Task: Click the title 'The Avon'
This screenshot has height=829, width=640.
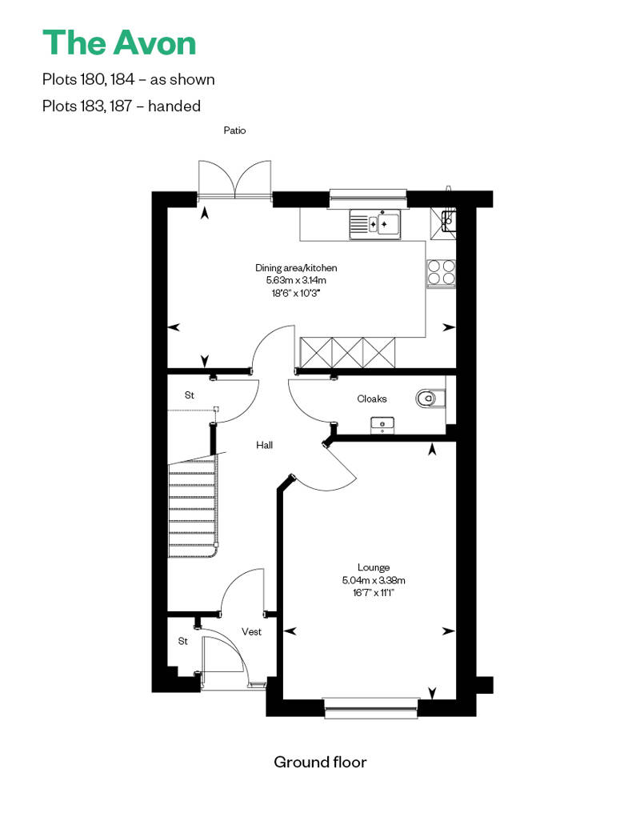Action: (119, 43)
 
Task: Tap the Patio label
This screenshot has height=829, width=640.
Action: (234, 130)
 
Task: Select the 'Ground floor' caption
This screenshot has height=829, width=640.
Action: (320, 762)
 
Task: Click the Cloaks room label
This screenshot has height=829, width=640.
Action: (371, 398)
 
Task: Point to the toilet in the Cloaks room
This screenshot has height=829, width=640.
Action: (430, 398)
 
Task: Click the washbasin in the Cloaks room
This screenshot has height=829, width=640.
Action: (382, 424)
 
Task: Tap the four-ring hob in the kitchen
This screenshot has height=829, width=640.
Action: (442, 273)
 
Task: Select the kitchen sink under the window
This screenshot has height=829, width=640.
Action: (375, 224)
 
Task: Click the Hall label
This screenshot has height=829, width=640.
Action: (264, 445)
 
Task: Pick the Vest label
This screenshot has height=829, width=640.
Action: (251, 631)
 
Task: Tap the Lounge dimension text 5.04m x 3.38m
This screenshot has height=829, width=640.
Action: (374, 580)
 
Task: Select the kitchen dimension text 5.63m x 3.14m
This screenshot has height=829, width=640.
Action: (296, 280)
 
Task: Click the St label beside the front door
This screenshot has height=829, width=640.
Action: (183, 641)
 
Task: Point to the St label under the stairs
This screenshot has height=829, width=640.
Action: (189, 395)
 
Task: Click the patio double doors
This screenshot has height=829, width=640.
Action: (235, 180)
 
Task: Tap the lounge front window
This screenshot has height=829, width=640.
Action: (371, 707)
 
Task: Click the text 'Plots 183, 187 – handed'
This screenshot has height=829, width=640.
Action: (122, 106)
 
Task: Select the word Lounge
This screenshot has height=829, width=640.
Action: (374, 567)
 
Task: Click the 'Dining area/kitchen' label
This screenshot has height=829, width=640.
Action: (296, 267)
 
